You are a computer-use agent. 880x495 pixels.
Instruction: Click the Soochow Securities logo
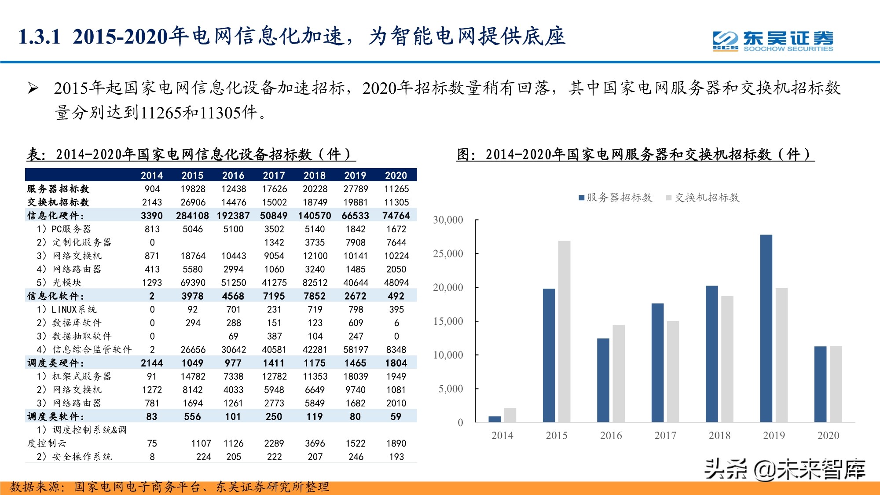tap(773, 41)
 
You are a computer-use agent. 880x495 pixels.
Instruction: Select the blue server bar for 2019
tap(766, 328)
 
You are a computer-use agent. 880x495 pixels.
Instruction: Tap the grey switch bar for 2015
tap(564, 331)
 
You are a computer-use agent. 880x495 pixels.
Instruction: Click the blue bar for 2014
tap(495, 419)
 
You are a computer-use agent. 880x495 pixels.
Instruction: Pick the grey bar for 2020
tap(836, 384)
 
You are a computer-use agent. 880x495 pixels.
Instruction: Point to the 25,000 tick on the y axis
tap(448, 253)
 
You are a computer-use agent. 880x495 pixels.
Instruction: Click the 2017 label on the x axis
tap(665, 435)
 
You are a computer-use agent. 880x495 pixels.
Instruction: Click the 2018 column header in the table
tap(315, 175)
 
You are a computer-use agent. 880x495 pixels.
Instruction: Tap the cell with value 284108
tap(192, 216)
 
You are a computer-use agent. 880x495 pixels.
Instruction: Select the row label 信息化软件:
tap(55, 296)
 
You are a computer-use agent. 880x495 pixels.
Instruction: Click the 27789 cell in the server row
tap(356, 189)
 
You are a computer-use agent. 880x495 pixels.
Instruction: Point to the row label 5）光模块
tap(59, 282)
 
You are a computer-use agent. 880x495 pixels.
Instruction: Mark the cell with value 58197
tap(356, 349)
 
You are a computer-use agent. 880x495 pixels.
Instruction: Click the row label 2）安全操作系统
tap(74, 457)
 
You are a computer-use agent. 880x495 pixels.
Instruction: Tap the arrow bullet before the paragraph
tap(33, 88)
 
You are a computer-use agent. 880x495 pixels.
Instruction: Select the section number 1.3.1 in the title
tap(40, 37)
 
